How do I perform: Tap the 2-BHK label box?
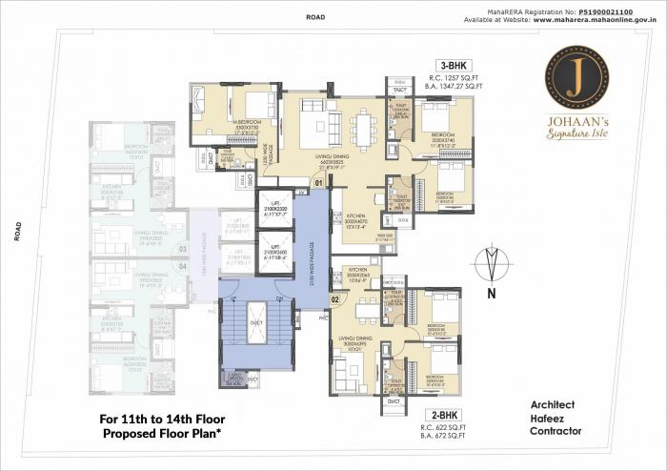[x=446, y=416]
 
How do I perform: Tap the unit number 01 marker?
[x=318, y=181]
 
